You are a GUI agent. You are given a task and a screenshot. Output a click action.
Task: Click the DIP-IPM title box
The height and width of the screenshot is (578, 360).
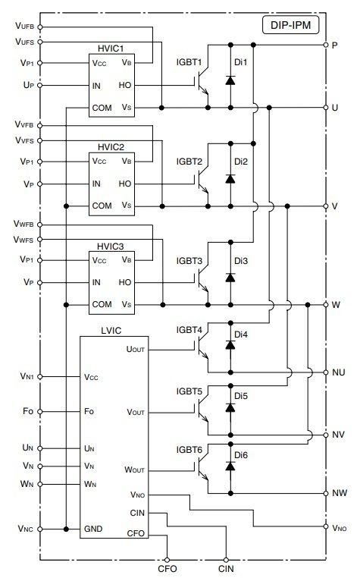[290, 26]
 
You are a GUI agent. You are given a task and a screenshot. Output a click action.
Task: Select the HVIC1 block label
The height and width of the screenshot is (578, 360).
[111, 49]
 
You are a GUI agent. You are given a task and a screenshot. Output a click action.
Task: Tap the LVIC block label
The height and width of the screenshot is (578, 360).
[111, 331]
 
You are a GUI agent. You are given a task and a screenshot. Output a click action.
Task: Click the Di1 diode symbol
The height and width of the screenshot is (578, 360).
[230, 80]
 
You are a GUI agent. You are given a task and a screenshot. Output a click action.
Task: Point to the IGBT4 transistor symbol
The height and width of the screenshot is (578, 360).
[201, 346]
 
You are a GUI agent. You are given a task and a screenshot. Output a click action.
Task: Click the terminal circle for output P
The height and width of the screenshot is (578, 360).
[325, 45]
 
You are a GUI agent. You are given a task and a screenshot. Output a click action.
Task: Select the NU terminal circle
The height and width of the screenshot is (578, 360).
[325, 372]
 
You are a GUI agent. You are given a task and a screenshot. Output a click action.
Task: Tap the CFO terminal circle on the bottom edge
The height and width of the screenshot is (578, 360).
[167, 560]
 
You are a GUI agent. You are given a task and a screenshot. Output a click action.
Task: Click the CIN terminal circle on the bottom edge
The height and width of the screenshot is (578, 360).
[226, 560]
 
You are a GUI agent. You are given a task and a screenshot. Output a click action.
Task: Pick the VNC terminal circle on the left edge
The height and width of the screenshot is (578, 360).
[40, 529]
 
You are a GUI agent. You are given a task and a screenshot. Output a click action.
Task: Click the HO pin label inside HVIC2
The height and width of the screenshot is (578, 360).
[125, 184]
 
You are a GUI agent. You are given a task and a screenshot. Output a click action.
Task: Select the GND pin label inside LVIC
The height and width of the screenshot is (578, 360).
[93, 529]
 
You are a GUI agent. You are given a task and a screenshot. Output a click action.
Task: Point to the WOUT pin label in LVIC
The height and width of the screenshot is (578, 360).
[134, 470]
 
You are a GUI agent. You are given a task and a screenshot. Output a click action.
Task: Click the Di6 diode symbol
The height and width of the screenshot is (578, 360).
[230, 466]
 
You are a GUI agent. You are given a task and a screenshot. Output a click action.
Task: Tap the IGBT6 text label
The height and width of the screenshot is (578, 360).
[189, 450]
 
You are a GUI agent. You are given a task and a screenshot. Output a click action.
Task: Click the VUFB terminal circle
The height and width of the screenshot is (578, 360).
[40, 27]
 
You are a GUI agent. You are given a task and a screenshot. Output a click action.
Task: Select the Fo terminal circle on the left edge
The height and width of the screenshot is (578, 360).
[40, 411]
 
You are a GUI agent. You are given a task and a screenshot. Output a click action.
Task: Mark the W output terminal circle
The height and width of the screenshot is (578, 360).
[325, 304]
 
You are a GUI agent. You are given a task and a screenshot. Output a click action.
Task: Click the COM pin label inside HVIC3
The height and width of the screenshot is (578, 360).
[102, 304]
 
